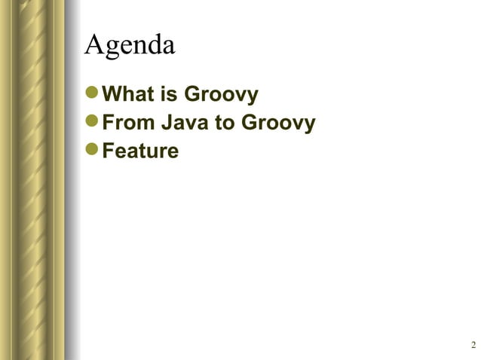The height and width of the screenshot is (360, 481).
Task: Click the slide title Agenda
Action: (130, 45)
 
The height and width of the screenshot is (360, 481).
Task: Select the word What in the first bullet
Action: (127, 96)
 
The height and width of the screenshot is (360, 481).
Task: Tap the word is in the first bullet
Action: (167, 96)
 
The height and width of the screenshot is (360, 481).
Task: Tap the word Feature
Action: (140, 151)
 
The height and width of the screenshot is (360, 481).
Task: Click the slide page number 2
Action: (473, 345)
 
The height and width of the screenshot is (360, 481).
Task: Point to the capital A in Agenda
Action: (94, 44)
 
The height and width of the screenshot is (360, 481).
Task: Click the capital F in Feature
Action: (107, 151)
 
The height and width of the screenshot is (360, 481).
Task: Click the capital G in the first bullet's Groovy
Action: (193, 96)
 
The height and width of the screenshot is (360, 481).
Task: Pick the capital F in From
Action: (107, 124)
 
